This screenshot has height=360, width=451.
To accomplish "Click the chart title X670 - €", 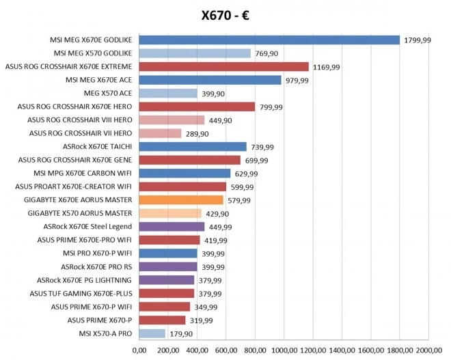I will click(225, 16).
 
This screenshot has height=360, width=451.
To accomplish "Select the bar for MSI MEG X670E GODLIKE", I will click(269, 40).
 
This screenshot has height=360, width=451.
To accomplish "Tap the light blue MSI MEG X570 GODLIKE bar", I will click(195, 53).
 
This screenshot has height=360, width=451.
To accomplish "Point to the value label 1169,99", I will click(326, 67).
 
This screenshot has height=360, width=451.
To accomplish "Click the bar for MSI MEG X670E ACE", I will click(210, 80).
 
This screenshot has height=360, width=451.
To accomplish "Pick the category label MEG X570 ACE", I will click(108, 93).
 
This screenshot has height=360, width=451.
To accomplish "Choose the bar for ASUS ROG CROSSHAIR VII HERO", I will click(160, 133).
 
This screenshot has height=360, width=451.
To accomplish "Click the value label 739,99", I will click(263, 147).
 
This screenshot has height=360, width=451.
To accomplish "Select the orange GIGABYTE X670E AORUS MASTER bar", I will click(181, 200).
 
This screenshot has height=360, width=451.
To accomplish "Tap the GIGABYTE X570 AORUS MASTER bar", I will click(170, 213).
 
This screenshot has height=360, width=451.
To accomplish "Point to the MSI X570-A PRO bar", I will click(152, 333).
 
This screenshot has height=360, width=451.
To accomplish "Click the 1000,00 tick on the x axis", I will click(284, 350).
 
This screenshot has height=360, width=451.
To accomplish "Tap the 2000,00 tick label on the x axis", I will click(428, 350).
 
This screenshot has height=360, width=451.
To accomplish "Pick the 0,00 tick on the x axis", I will click(139, 350).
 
